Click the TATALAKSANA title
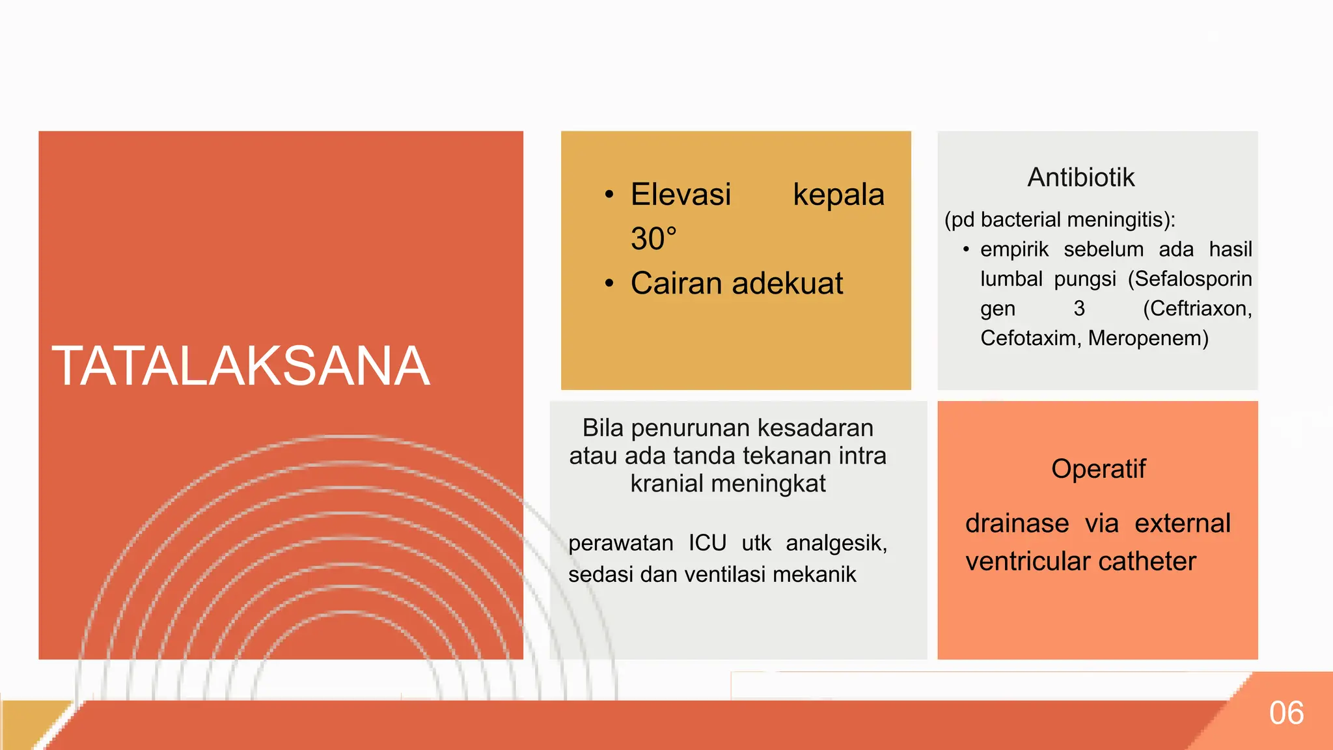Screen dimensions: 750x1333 241,367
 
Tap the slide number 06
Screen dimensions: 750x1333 1286,713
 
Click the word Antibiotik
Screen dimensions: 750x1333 1080,178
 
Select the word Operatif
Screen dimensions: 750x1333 1098,469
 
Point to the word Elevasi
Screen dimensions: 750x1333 681,195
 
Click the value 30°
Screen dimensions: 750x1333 653,239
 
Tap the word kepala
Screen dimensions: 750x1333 838,195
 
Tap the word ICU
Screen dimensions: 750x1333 707,543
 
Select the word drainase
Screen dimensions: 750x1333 1017,524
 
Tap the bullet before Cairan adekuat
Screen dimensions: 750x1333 609,284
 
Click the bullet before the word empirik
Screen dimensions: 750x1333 966,250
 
